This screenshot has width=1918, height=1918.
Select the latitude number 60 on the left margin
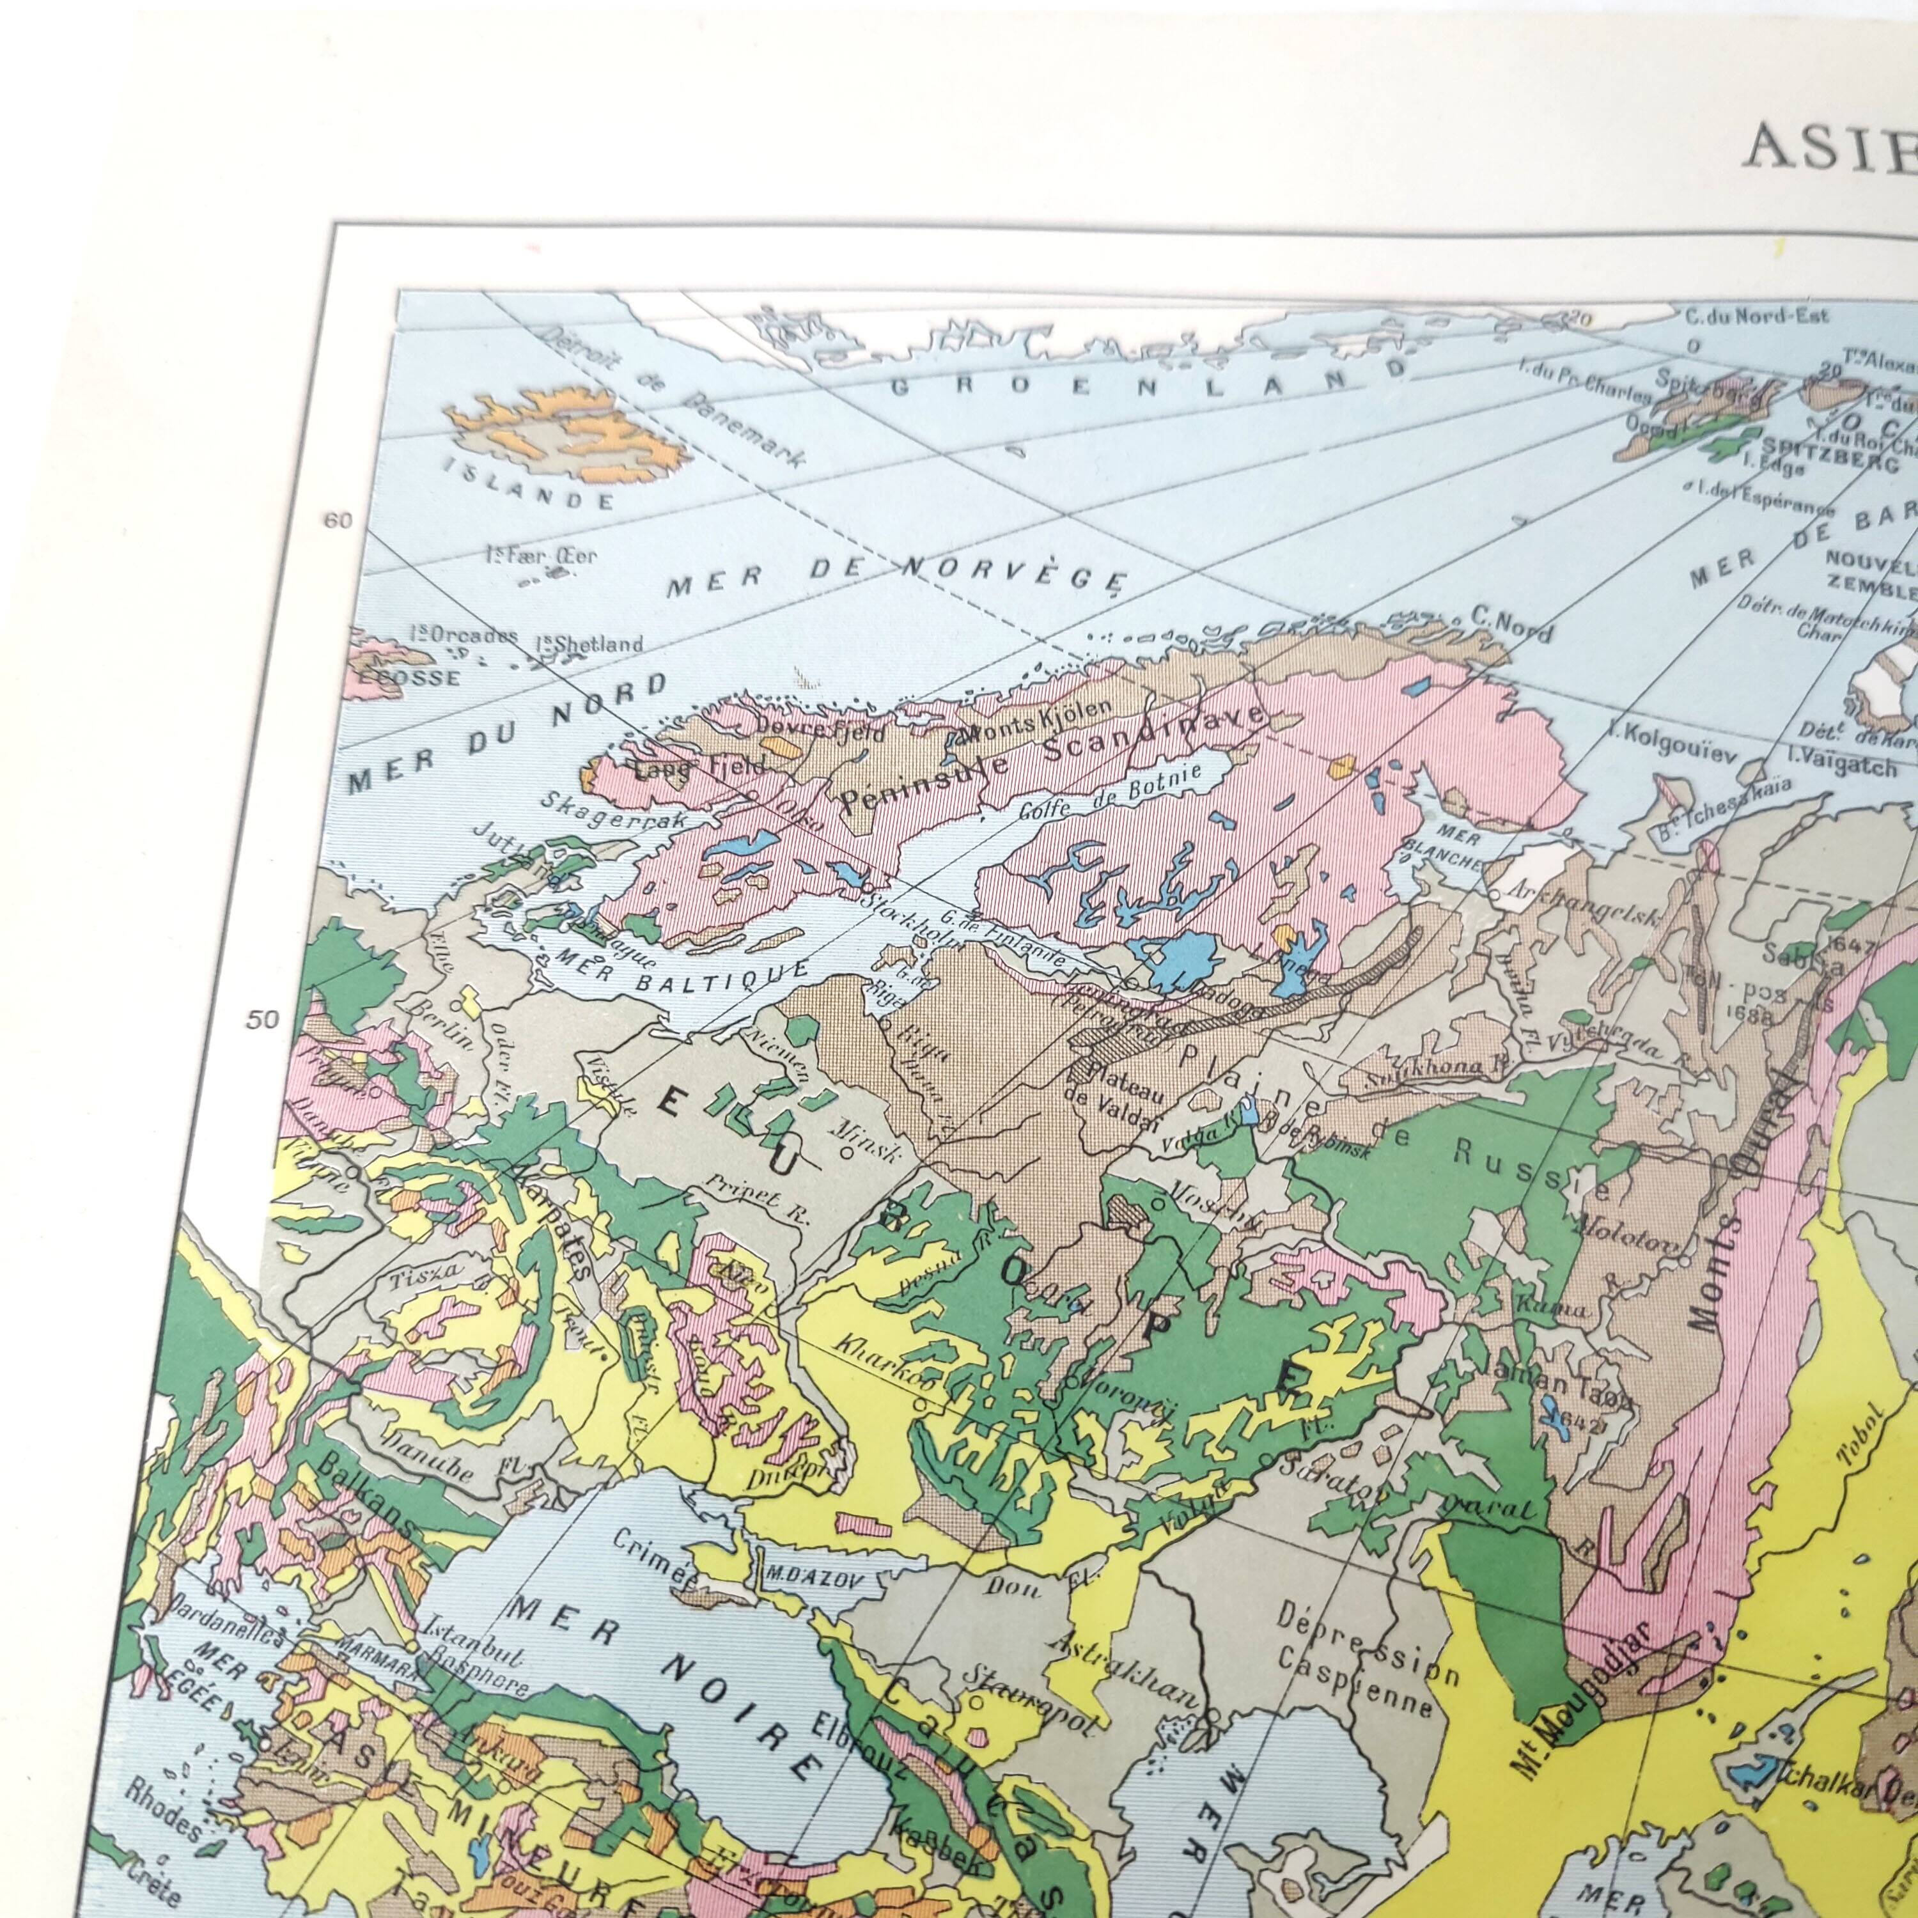coord(339,520)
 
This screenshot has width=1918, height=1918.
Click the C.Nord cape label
coord(1511,623)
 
